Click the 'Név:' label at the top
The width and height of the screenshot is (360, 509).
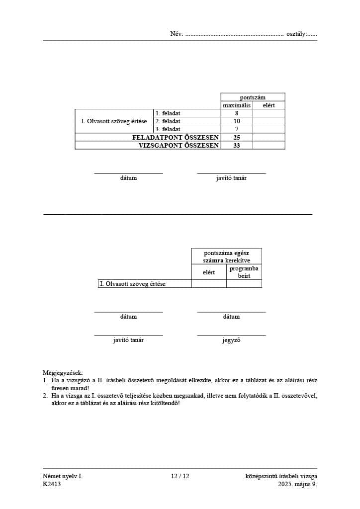point(177,34)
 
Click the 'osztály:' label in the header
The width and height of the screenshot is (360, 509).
point(297,34)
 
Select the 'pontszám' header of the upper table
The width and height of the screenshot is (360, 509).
point(253,97)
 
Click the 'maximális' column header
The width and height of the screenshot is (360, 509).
point(237,105)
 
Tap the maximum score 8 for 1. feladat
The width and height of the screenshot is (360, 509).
point(237,113)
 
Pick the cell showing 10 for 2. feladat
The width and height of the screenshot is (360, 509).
point(237,121)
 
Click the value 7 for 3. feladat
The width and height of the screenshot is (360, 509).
point(237,129)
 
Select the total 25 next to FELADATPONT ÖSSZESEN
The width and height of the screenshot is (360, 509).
point(237,137)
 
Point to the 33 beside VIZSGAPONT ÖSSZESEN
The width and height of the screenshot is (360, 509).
point(237,146)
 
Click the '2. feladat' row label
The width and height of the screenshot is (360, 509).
point(168,121)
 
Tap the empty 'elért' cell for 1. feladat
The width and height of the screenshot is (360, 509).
point(269,113)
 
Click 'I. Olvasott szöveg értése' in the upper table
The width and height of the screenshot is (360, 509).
point(114,121)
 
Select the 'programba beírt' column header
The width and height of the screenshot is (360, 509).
point(244,272)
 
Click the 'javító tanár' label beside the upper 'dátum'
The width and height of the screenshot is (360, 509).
point(231,178)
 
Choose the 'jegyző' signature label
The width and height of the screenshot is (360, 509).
point(231,340)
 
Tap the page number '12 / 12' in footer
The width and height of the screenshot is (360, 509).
point(180,476)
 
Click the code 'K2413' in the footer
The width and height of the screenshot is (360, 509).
point(52,484)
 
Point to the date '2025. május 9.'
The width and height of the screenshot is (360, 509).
point(297,484)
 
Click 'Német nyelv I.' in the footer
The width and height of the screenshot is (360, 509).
point(63,476)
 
